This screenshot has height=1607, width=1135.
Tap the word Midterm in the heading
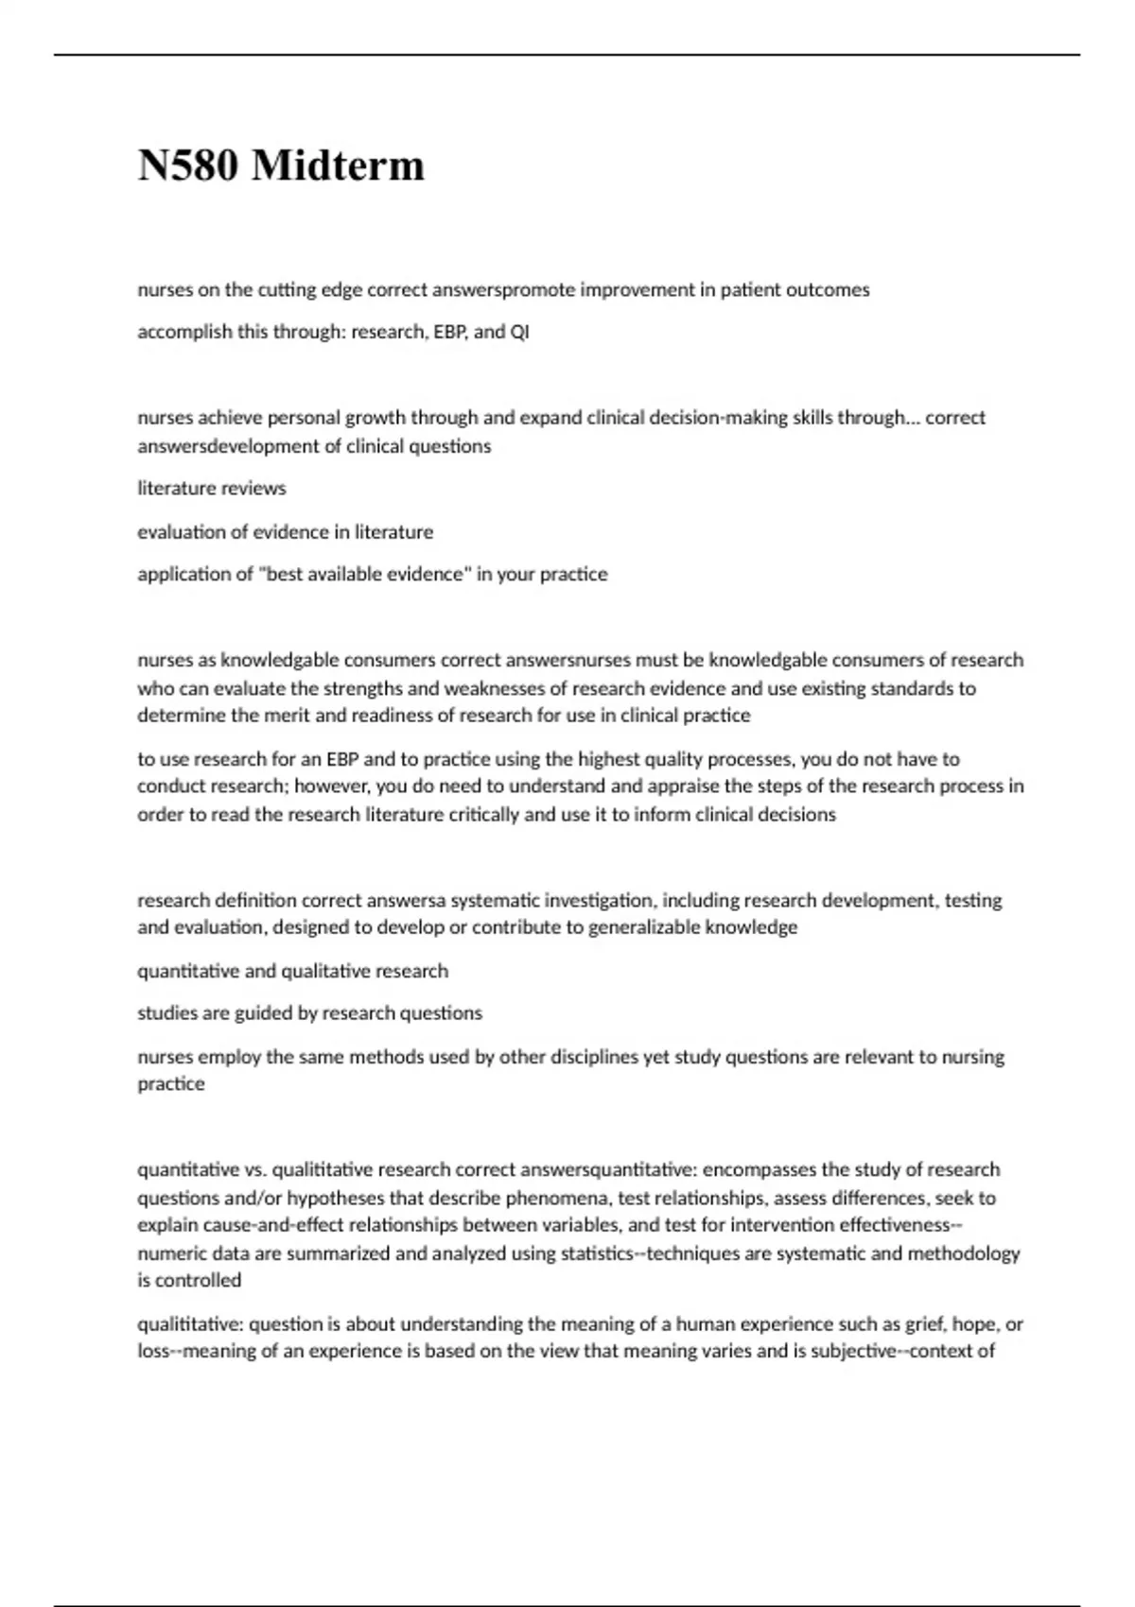[338, 166]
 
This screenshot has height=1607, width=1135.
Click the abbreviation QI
[519, 333]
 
